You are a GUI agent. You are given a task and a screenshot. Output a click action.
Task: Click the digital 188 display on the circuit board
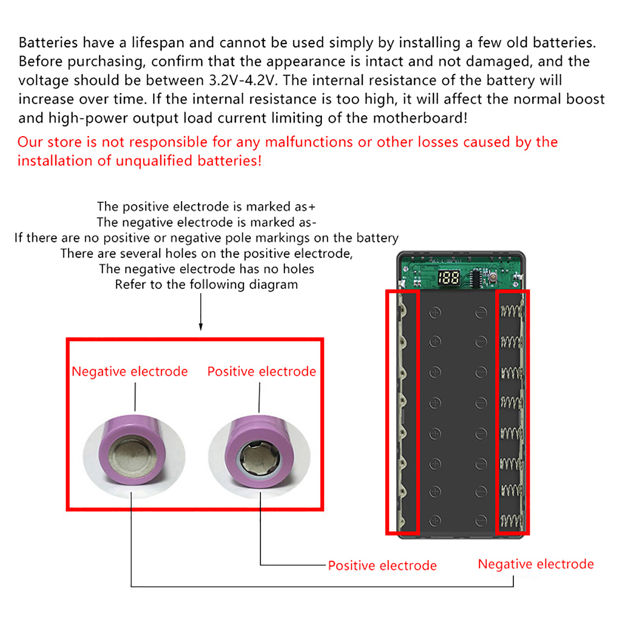449,277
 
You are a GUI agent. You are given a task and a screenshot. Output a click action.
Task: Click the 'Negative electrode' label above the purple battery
130,371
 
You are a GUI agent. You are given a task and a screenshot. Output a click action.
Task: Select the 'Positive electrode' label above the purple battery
262,371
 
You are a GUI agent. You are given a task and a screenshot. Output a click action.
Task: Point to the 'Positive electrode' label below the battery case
382,566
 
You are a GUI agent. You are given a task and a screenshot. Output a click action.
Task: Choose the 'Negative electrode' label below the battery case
536,564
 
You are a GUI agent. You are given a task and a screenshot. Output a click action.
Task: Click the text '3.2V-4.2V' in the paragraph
243,80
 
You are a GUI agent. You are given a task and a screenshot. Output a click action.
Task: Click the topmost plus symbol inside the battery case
435,313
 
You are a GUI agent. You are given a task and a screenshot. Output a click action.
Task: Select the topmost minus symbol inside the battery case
481,313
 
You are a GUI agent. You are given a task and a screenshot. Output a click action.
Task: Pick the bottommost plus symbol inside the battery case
435,521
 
